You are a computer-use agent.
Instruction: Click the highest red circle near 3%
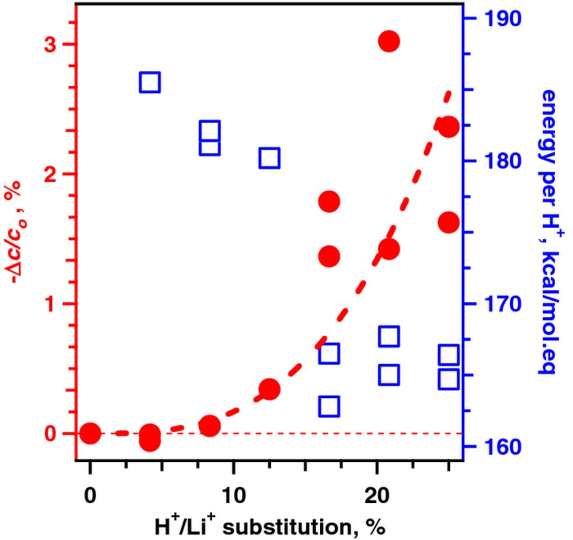(x=389, y=41)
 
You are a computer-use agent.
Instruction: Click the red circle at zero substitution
(x=90, y=433)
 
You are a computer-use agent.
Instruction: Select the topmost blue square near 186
(x=150, y=82)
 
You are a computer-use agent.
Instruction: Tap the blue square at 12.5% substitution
(x=269, y=158)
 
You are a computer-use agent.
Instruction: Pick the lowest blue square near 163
(x=329, y=407)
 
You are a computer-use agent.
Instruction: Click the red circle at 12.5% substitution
(x=269, y=389)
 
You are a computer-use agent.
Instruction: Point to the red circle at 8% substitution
(x=210, y=426)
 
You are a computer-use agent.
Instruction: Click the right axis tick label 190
(x=502, y=18)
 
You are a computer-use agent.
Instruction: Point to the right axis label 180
(x=502, y=161)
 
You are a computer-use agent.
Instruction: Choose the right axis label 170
(x=502, y=304)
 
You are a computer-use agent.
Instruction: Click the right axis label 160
(x=502, y=446)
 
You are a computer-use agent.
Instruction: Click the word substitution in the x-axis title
(x=286, y=527)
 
